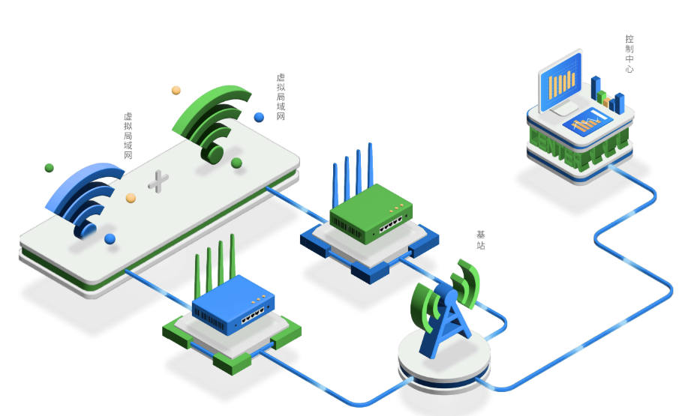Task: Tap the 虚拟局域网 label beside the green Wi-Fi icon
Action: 281,97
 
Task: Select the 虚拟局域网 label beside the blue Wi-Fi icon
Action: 128,136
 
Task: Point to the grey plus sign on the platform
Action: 158,181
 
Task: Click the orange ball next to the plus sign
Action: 131,198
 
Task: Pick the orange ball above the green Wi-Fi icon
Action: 176,91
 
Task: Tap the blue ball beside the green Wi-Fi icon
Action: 259,117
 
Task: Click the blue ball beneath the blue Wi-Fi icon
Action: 110,239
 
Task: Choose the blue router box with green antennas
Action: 233,304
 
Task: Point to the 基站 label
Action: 480,240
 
